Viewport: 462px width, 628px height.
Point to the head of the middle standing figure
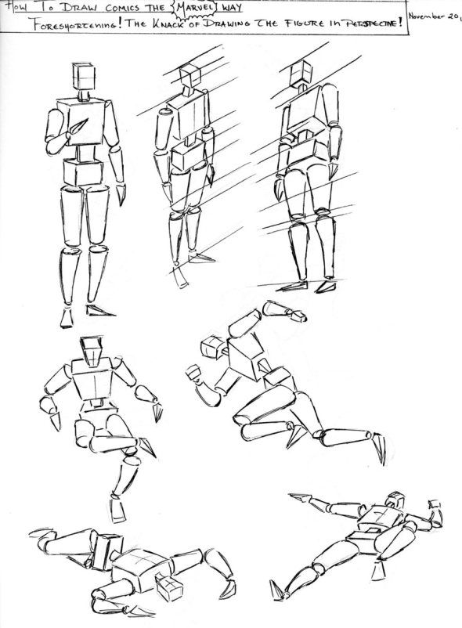point(190,77)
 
